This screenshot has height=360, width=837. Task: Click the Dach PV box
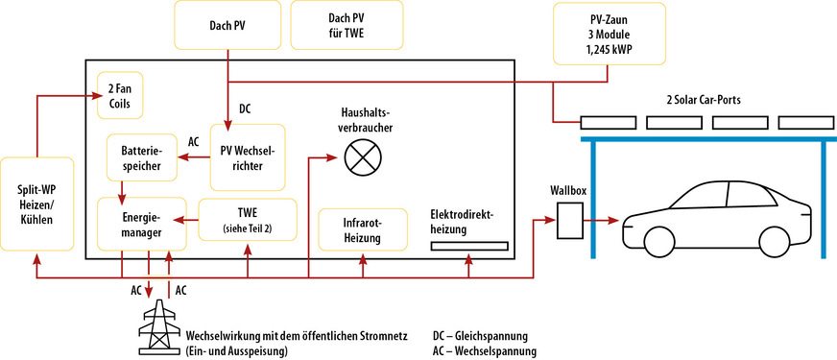pyautogui.click(x=227, y=24)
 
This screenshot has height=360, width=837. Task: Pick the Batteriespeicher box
pyautogui.click(x=142, y=158)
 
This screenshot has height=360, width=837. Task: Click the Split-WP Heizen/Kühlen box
pyautogui.click(x=36, y=204)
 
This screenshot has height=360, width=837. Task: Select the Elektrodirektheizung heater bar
pyautogui.click(x=468, y=246)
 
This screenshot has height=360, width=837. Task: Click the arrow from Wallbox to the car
pyautogui.click(x=605, y=221)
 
